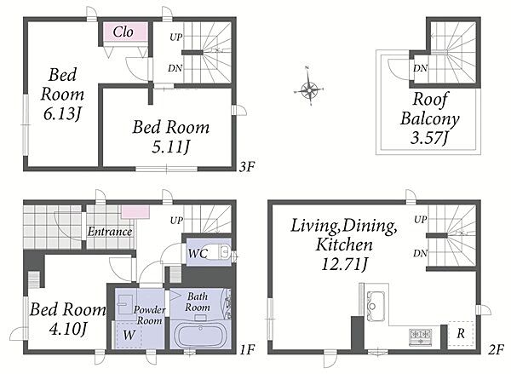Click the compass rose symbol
[308, 89]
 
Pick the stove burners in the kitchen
[421, 337]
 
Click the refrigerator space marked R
[461, 334]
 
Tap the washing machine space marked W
[129, 335]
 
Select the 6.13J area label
[62, 114]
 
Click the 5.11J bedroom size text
[170, 147]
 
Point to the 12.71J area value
[344, 264]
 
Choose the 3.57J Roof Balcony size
[429, 138]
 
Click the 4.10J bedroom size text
[68, 329]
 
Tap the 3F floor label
[247, 167]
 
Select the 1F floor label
[247, 349]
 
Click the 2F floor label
[497, 349]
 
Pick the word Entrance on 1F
[110, 232]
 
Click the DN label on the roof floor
[421, 68]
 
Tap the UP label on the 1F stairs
[176, 221]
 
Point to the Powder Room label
[150, 315]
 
